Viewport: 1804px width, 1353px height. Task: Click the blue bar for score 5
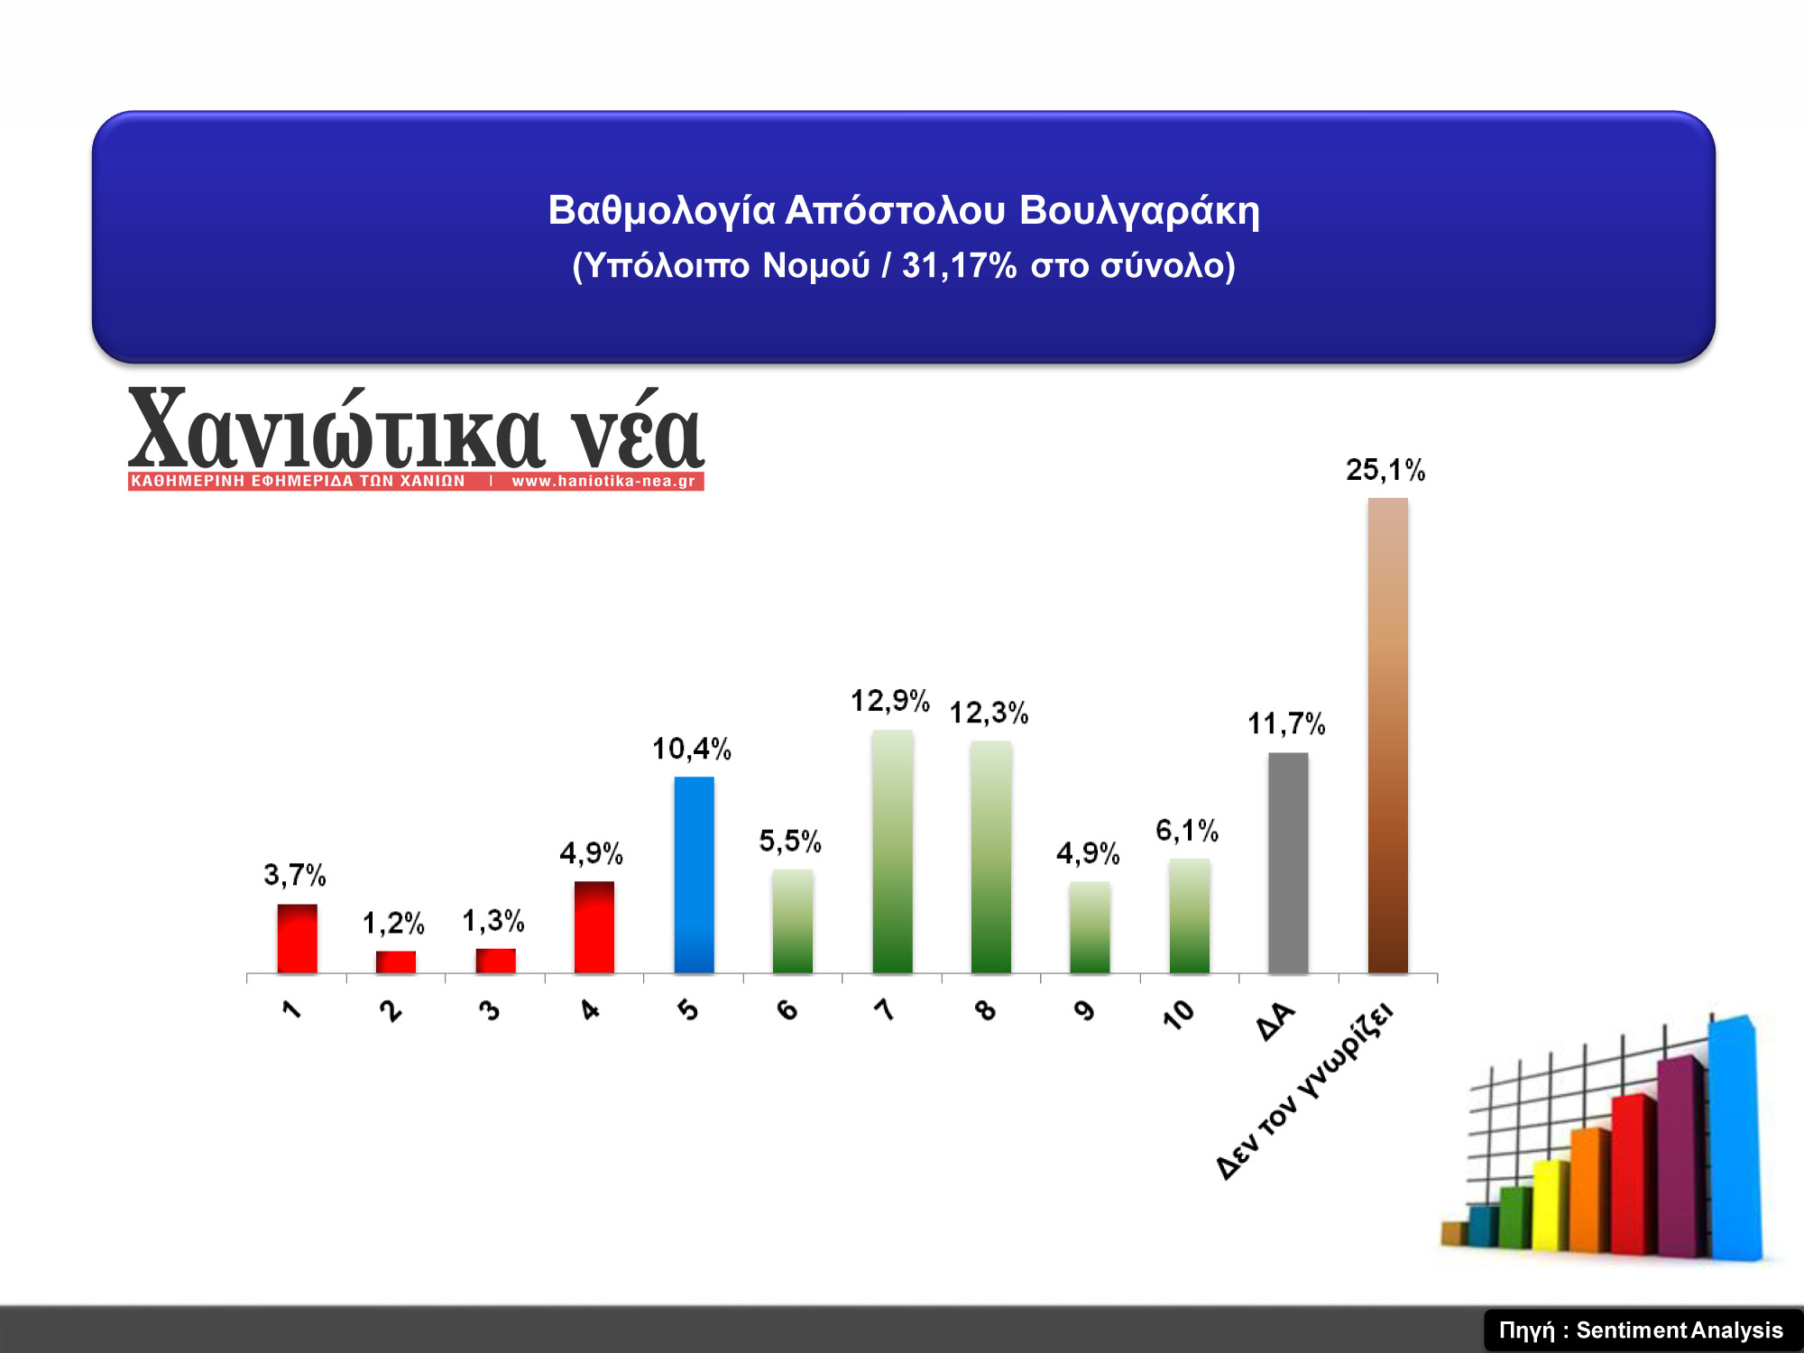(694, 874)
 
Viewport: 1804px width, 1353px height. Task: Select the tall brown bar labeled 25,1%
(1387, 735)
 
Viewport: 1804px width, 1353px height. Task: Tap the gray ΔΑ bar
(1288, 862)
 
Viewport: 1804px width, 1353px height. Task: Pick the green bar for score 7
(892, 851)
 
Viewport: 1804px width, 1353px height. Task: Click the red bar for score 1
(297, 938)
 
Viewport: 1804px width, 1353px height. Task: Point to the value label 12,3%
(989, 713)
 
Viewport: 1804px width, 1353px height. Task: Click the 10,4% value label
(692, 749)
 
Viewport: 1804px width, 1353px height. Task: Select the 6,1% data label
(1187, 830)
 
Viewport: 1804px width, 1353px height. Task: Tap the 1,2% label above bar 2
(393, 923)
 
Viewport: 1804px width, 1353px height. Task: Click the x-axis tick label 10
(1178, 1015)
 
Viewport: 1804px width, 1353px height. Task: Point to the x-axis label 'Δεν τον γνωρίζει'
(1304, 1091)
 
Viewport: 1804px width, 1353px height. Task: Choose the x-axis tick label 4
(590, 1009)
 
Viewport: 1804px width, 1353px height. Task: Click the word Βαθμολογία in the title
(662, 210)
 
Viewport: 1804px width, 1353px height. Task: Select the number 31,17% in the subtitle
(960, 265)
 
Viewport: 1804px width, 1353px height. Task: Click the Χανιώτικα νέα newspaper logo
(416, 438)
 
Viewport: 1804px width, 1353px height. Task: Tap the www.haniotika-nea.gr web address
(603, 481)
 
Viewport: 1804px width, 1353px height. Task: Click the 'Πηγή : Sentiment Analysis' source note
(1641, 1330)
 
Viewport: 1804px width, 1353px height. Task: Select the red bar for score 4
(594, 927)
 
